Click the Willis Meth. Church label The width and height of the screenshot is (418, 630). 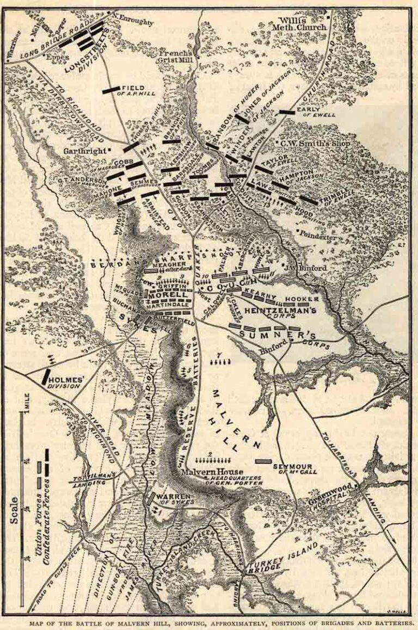click(x=301, y=22)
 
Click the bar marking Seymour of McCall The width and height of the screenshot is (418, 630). click(x=263, y=461)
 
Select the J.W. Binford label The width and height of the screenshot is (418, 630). click(x=312, y=267)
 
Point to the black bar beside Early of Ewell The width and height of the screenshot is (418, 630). click(x=287, y=112)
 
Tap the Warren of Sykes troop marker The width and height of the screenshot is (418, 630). click(x=150, y=498)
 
